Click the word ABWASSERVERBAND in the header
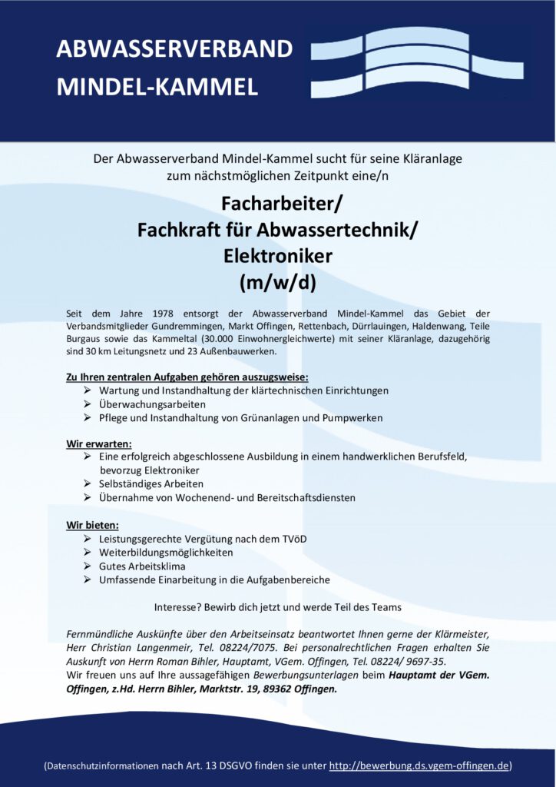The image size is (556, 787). pyautogui.click(x=174, y=49)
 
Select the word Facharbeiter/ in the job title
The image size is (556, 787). pyautogui.click(x=278, y=204)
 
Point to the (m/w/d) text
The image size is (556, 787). pyautogui.click(x=278, y=281)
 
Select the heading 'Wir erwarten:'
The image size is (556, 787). pyautogui.click(x=99, y=443)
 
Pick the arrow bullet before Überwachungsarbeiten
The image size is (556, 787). pyautogui.click(x=88, y=404)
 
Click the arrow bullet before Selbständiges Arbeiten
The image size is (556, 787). pyautogui.click(x=88, y=484)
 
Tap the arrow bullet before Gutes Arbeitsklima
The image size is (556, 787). pyautogui.click(x=88, y=566)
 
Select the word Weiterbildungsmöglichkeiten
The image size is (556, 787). pyautogui.click(x=166, y=553)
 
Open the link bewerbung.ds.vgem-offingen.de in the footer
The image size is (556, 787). pyautogui.click(x=419, y=765)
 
